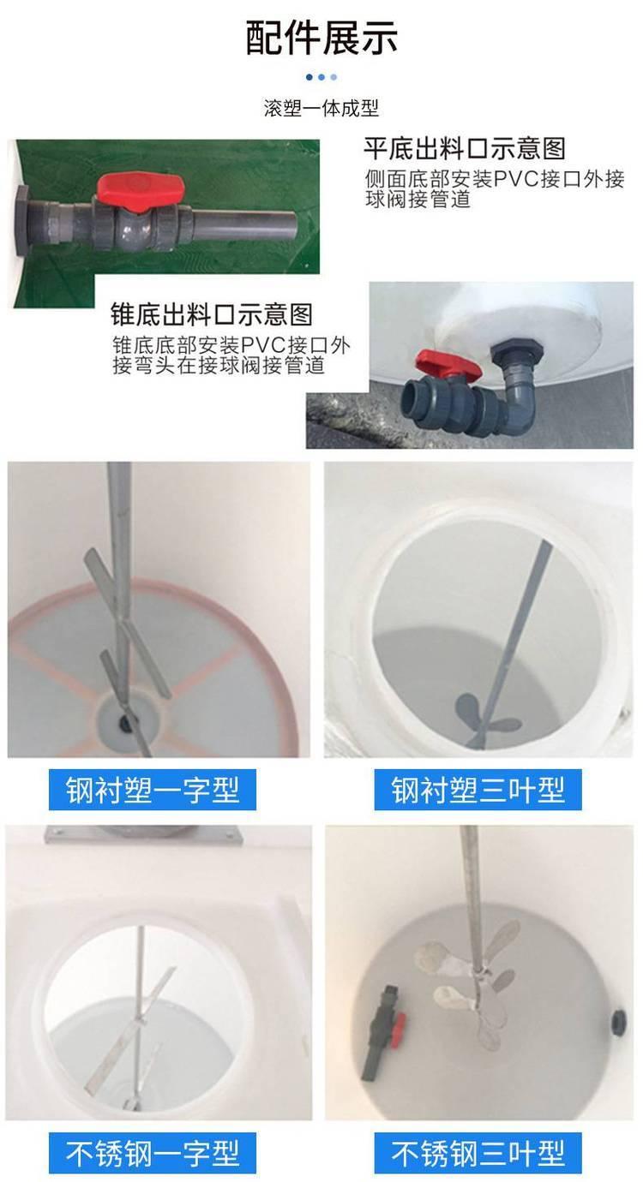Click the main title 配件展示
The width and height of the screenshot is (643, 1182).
tap(321, 38)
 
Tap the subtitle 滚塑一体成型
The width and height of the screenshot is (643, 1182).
tap(321, 108)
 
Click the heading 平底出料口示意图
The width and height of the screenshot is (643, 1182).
tap(465, 148)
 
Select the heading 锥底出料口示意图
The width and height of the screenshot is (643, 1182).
tap(212, 314)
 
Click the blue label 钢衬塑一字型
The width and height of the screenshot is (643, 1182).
tap(153, 789)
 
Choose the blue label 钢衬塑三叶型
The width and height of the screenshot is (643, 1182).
tap(478, 789)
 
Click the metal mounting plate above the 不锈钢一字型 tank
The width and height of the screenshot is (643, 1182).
tap(142, 835)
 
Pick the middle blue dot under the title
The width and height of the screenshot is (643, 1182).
tap(321, 77)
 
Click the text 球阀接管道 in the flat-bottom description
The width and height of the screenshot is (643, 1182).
tap(418, 200)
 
